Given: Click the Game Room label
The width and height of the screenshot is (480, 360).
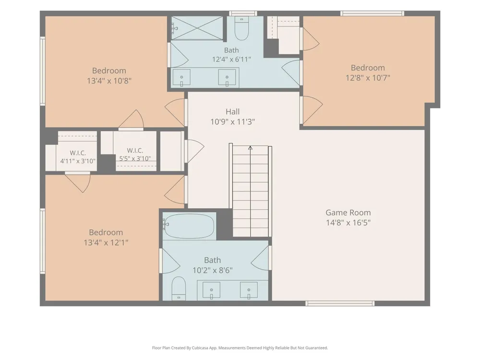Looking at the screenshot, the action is [348, 213].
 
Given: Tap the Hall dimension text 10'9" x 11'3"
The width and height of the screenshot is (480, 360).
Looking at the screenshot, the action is [233, 122].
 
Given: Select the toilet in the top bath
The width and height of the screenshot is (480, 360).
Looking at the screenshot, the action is [242, 28].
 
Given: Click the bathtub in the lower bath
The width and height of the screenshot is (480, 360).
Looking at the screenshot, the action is [189, 226].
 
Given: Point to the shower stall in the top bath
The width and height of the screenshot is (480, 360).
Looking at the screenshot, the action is [197, 28].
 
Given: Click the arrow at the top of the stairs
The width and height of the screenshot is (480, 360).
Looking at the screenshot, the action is [251, 148].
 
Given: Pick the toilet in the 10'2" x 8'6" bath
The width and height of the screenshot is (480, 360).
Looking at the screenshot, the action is [179, 288].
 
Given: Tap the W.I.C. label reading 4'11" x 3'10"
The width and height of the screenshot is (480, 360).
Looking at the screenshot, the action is [78, 157].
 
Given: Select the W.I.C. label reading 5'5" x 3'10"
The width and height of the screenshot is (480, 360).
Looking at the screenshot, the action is [135, 154].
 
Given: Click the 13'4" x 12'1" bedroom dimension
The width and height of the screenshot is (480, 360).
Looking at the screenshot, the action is [106, 242].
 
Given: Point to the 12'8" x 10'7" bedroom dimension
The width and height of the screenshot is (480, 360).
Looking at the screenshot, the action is [368, 78].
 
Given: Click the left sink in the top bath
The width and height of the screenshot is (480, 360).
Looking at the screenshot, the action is [181, 77].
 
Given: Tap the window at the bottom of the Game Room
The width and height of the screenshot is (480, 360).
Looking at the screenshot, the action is [340, 303].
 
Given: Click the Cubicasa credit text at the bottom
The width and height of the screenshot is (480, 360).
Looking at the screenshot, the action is [240, 348].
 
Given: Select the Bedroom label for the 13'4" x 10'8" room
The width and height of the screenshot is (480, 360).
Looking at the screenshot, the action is [109, 71].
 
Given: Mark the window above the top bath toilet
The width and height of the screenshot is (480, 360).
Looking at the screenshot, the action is [243, 13].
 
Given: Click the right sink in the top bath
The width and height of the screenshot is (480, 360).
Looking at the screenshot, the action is [227, 77].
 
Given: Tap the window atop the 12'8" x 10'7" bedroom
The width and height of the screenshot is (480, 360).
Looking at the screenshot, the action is [372, 13].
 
